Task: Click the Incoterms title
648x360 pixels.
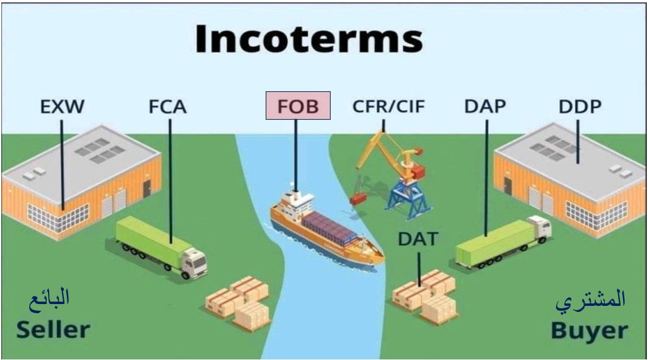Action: [x=309, y=40]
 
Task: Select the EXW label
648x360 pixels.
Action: [x=62, y=108]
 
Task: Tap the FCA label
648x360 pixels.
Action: [x=168, y=108]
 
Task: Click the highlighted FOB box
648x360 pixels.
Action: [x=298, y=106]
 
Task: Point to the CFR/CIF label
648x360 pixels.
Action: [x=388, y=106]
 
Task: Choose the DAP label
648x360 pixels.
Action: [x=484, y=106]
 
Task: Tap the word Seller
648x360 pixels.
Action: [x=53, y=330]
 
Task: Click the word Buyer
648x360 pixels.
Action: [x=589, y=331]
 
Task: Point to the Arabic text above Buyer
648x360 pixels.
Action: [x=590, y=299]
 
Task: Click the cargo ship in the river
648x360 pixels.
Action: [x=325, y=228]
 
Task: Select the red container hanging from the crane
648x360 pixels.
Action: [x=359, y=198]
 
